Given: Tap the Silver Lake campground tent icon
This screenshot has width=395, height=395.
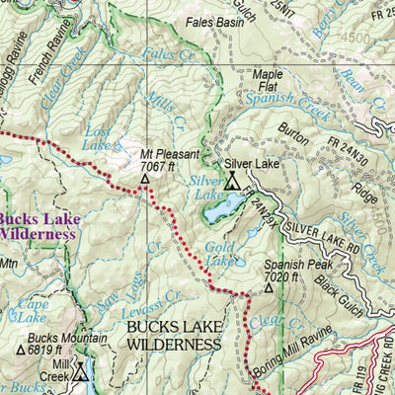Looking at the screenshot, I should click(x=232, y=181).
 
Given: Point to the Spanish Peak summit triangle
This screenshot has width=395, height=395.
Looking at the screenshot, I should click(x=268, y=289).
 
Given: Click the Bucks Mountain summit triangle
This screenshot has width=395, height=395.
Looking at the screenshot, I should click(x=21, y=349).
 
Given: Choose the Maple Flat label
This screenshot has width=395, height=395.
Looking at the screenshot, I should click(x=267, y=79).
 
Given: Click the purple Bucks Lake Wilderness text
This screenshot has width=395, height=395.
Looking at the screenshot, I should click(x=38, y=227).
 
